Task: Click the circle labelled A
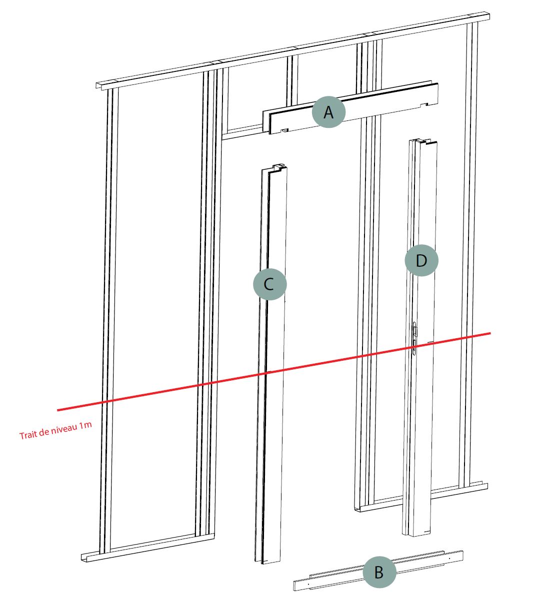(x=328, y=112)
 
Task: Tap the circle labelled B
(x=379, y=572)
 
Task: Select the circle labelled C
(x=270, y=284)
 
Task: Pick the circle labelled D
(x=421, y=260)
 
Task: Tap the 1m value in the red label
(x=85, y=425)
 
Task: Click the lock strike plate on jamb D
(x=414, y=338)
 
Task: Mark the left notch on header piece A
(x=284, y=130)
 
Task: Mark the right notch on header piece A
(x=424, y=104)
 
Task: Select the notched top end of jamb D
(x=422, y=142)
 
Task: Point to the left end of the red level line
(x=57, y=410)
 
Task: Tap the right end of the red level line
(x=490, y=333)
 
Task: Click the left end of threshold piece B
(x=294, y=586)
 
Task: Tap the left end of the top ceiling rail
(x=97, y=85)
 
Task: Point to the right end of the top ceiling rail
(x=488, y=16)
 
